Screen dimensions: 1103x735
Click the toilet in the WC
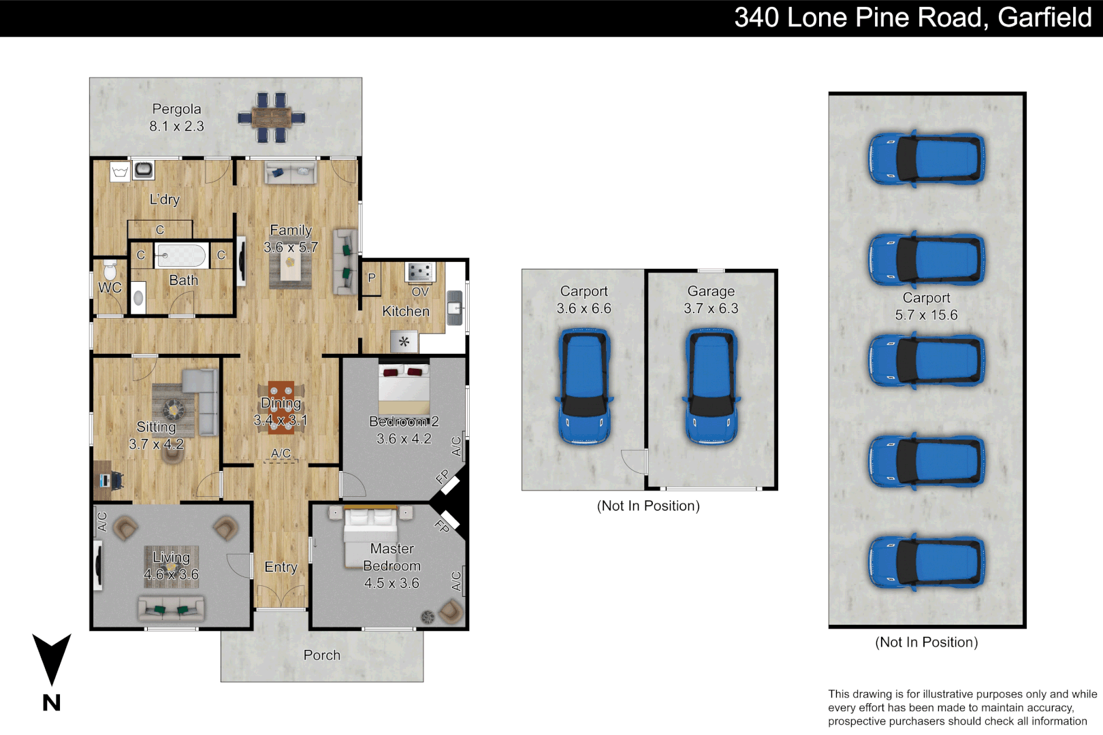(x=110, y=269)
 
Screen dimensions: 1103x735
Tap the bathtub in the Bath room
(x=180, y=255)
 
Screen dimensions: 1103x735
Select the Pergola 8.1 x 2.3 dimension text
(x=177, y=126)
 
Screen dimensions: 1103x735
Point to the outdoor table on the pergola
(x=271, y=118)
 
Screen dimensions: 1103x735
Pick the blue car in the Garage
(x=711, y=387)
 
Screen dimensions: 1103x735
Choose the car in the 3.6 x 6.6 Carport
(x=584, y=387)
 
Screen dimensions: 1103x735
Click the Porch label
(x=322, y=655)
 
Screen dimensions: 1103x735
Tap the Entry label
(x=281, y=567)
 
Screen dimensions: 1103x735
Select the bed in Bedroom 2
(x=404, y=389)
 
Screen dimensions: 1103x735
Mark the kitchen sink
(x=454, y=308)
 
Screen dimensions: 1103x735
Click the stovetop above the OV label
(x=420, y=272)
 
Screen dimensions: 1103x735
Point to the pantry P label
(x=372, y=278)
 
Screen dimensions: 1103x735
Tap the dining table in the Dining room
(x=281, y=408)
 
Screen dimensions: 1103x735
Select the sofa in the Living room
(x=172, y=608)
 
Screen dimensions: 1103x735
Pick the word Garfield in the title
(x=1045, y=18)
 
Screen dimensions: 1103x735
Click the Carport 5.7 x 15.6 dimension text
(x=926, y=314)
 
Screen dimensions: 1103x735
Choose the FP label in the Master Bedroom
(x=442, y=526)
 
